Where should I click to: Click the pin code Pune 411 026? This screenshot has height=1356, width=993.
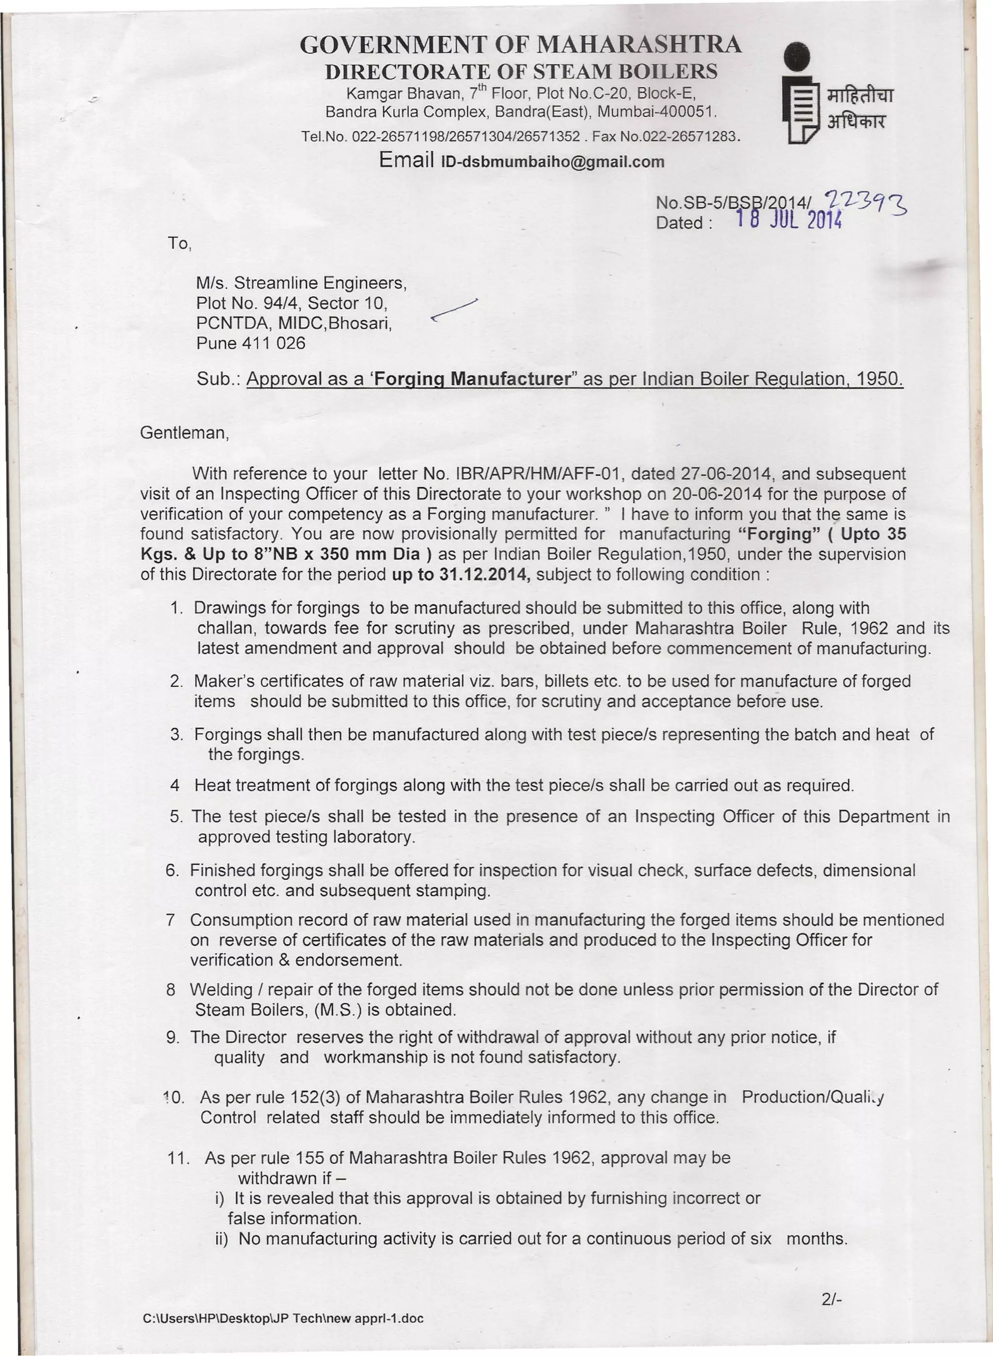251,343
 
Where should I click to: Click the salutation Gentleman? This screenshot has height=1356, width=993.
184,433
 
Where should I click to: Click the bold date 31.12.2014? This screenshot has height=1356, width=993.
484,574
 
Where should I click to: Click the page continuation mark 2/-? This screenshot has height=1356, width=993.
832,1300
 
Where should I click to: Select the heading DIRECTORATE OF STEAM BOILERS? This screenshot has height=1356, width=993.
521,71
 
